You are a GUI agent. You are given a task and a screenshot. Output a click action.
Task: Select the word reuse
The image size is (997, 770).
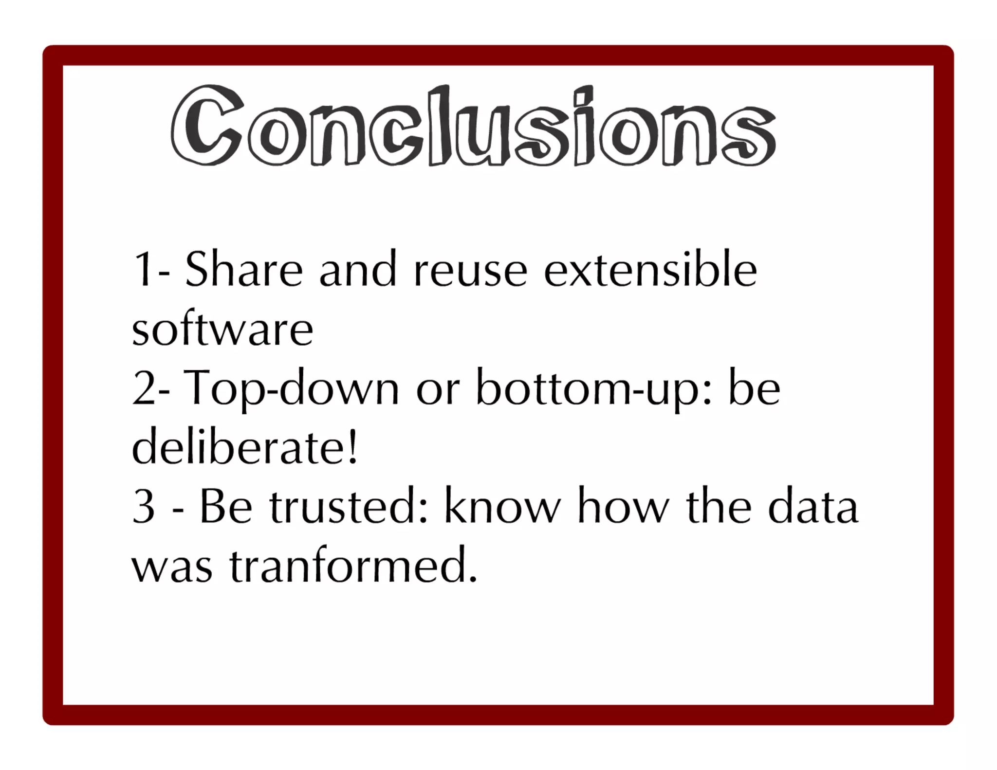coord(470,271)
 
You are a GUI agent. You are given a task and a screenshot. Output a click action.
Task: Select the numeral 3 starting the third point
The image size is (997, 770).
coord(144,507)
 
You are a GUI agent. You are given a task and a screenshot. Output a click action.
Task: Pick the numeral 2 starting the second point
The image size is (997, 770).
coord(144,388)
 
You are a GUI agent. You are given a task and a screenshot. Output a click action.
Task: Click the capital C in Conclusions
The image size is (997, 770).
coord(206,126)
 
